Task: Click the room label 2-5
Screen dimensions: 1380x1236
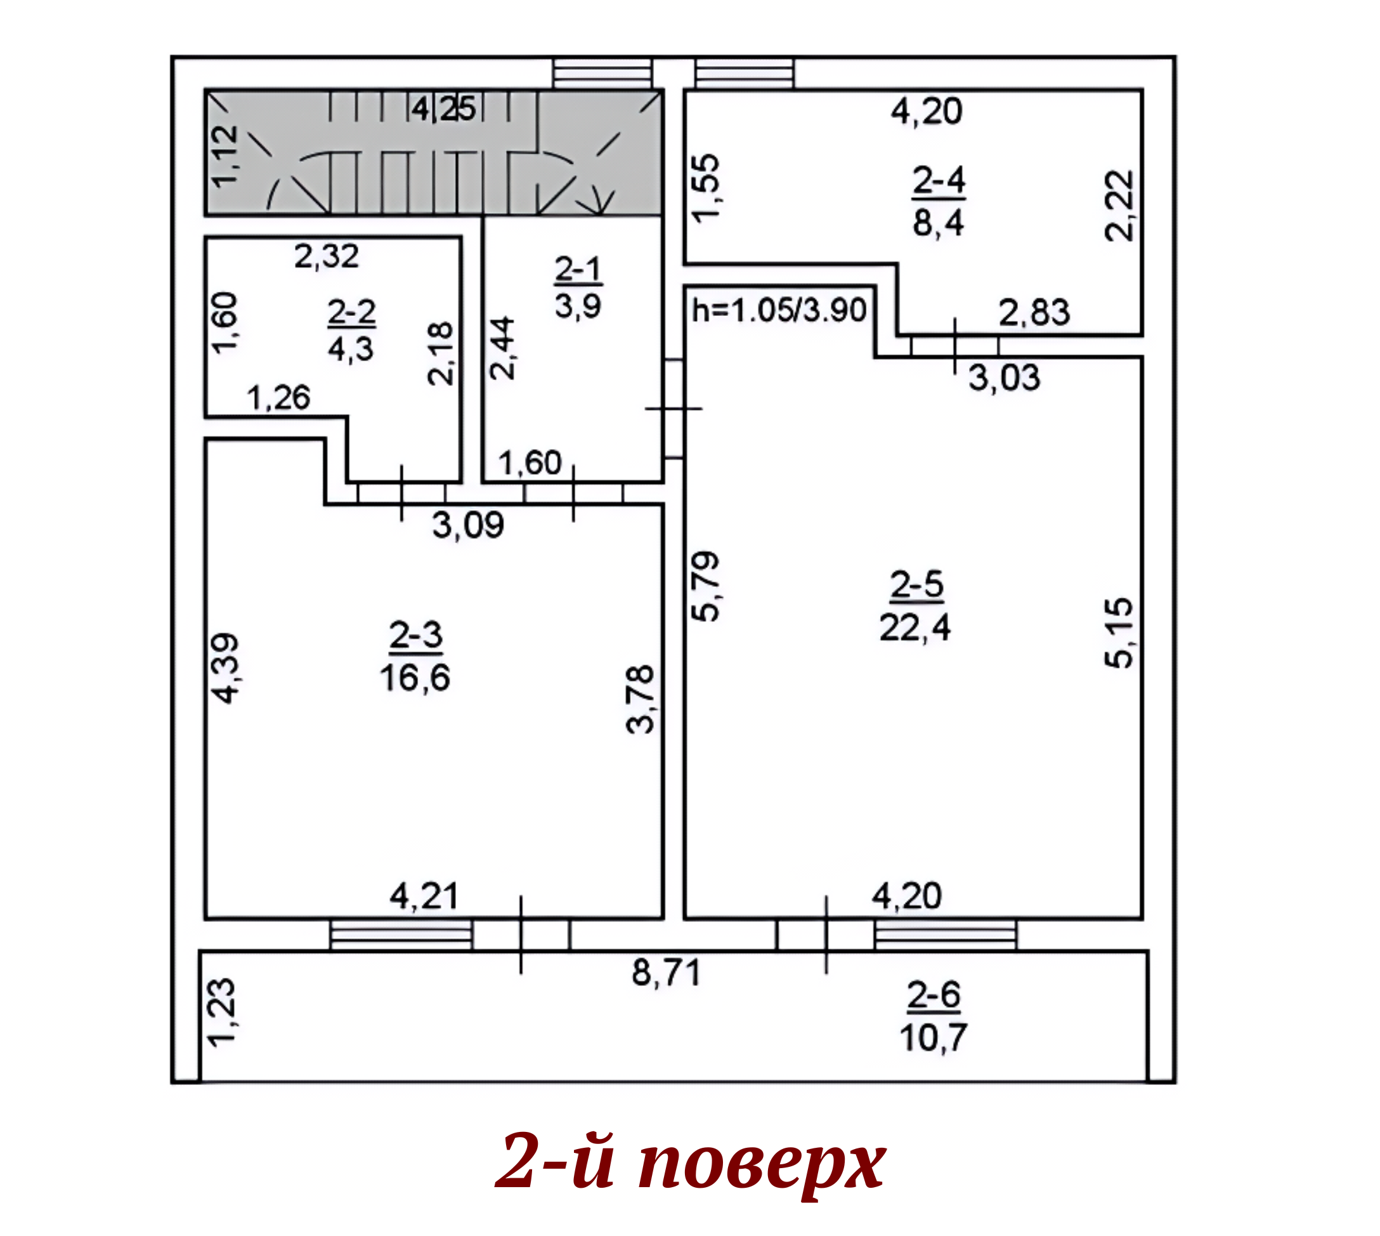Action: [x=916, y=584]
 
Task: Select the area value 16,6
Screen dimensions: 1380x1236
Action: [x=415, y=678]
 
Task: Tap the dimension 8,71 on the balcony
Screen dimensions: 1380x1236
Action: [x=666, y=973]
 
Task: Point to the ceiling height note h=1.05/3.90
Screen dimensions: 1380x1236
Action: [x=779, y=310]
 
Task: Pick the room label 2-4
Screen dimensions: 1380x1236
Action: [x=939, y=181]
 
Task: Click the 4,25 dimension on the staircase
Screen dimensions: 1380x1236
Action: [x=443, y=108]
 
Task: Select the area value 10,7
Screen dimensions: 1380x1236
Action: [x=934, y=1037]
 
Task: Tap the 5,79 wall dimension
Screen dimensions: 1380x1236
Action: [x=705, y=587]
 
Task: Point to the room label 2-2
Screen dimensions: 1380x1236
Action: [x=351, y=312]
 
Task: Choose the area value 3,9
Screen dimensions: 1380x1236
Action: [x=578, y=306]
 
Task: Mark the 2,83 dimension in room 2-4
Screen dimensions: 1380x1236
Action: [x=1034, y=313]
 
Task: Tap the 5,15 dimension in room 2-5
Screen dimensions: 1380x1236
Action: [x=1119, y=633]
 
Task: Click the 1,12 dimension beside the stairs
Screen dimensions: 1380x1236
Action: [x=225, y=156]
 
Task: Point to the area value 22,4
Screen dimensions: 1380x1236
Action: [x=915, y=628]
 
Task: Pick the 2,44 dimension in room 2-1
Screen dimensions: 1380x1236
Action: [x=502, y=348]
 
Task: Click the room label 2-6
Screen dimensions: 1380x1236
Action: [x=934, y=996]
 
